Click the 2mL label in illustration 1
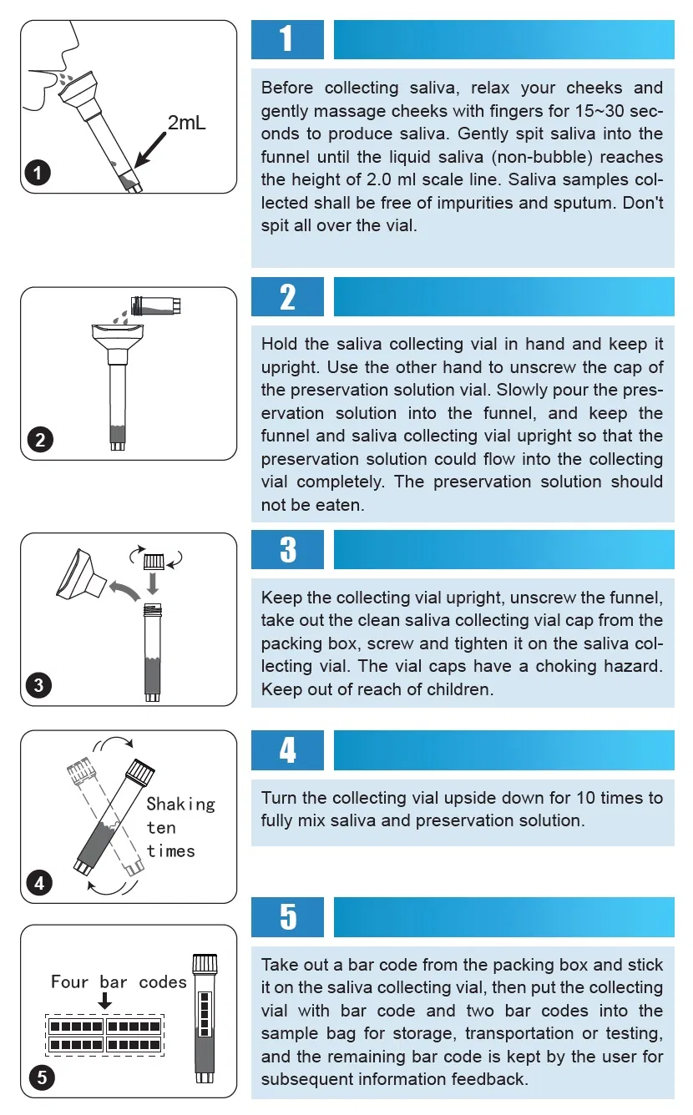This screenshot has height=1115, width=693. pyautogui.click(x=187, y=123)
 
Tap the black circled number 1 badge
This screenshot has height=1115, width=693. pyautogui.click(x=38, y=173)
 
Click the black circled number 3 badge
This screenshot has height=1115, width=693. pyautogui.click(x=38, y=685)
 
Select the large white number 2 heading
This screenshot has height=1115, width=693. pyautogui.click(x=287, y=297)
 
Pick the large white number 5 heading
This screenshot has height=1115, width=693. pyautogui.click(x=288, y=916)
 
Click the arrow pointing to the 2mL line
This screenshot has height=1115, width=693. pyautogui.click(x=150, y=149)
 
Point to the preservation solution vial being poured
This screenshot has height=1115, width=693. pyautogui.click(x=156, y=305)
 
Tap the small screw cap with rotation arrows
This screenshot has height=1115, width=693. pyautogui.click(x=154, y=562)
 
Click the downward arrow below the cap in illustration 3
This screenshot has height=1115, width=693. pyautogui.click(x=153, y=583)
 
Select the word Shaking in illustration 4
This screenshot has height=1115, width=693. pyautogui.click(x=180, y=805)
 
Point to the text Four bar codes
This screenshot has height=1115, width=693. pyautogui.click(x=119, y=982)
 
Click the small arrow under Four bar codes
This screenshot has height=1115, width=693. pyautogui.click(x=104, y=1001)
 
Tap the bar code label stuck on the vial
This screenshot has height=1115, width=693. pyautogui.click(x=205, y=1014)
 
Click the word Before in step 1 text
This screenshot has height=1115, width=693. pyautogui.click(x=287, y=88)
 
